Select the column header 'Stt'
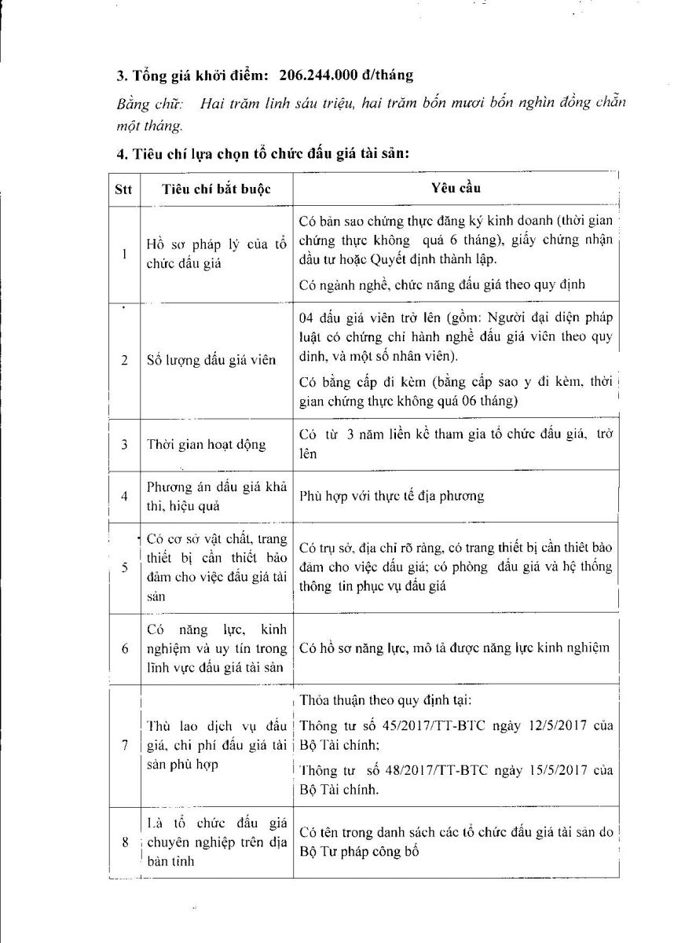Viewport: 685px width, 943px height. pyautogui.click(x=124, y=189)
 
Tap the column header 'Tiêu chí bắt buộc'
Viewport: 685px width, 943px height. pyautogui.click(x=215, y=189)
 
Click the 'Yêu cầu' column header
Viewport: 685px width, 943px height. pyautogui.click(x=456, y=189)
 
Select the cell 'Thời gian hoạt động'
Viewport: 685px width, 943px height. pyautogui.click(x=206, y=445)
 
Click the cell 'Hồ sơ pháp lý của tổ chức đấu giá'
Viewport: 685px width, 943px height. pyautogui.click(x=215, y=255)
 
